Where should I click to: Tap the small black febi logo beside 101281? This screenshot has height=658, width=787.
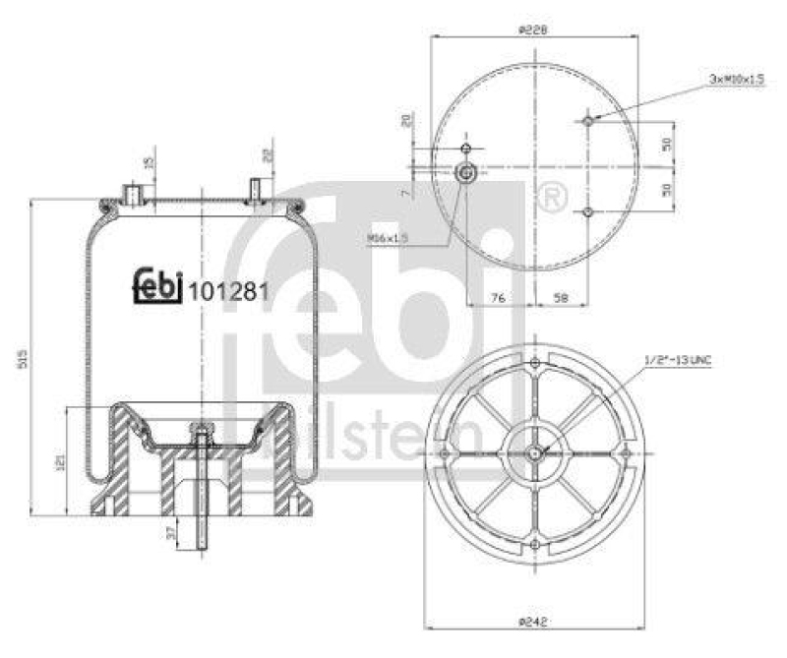157,286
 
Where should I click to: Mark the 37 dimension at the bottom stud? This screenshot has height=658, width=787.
172,533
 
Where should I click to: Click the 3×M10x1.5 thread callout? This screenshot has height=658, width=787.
737,78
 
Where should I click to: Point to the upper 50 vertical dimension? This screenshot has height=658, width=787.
666,143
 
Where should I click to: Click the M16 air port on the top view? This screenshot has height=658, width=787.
468,174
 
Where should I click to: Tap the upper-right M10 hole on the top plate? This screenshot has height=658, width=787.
587,121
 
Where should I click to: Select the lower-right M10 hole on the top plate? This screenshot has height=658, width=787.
587,211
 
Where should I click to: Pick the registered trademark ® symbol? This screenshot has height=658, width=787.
553,196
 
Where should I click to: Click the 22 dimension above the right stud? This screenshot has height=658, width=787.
268,154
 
